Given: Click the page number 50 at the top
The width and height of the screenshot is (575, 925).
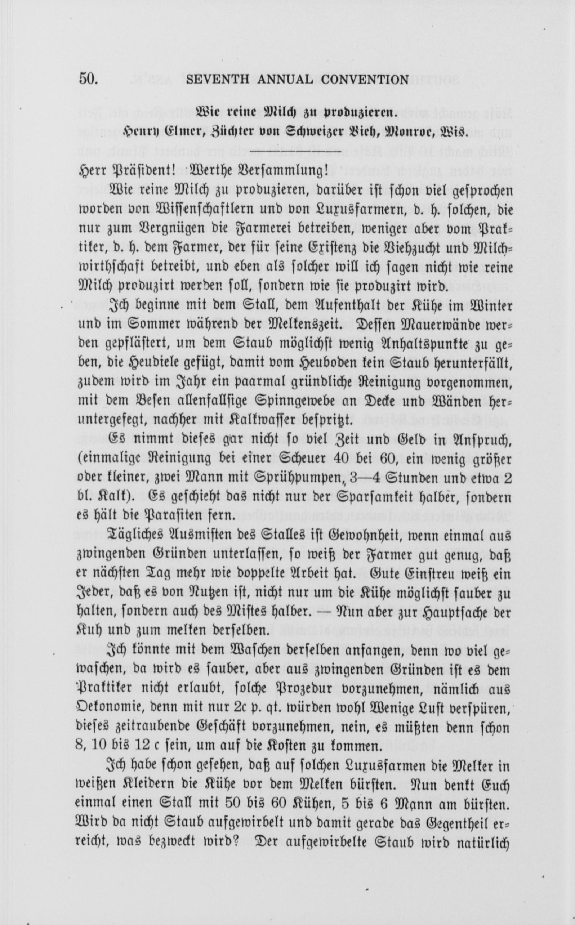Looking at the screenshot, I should (89, 80).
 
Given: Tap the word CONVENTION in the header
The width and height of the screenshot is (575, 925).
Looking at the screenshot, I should (365, 80).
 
